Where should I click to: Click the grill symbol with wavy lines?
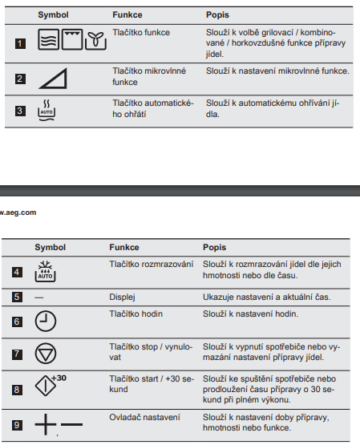pyautogui.click(x=49, y=39)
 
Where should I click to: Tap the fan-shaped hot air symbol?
pyautogui.click(x=95, y=40)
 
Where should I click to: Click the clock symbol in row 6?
pyautogui.click(x=46, y=321)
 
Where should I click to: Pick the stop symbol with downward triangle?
pyautogui.click(x=46, y=354)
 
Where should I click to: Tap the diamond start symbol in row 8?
pyautogui.click(x=46, y=386)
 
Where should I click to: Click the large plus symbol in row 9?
pyautogui.click(x=46, y=425)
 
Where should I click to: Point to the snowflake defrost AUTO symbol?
pyautogui.click(x=45, y=271)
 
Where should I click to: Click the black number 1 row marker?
pyautogui.click(x=20, y=44)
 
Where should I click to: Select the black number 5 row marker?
pyautogui.click(x=17, y=297)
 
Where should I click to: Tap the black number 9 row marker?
pyautogui.click(x=17, y=425)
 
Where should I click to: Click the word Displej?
pyautogui.click(x=122, y=297)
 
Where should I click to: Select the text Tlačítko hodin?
pyautogui.click(x=136, y=314)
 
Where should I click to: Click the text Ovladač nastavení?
pyautogui.click(x=144, y=417)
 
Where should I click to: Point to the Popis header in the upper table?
pyautogui.click(x=217, y=14)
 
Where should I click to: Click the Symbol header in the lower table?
pyautogui.click(x=51, y=247)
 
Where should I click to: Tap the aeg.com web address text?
pyautogui.click(x=18, y=212)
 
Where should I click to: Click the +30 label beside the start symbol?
pyautogui.click(x=59, y=378)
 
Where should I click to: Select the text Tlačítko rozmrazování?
pyautogui.click(x=152, y=265)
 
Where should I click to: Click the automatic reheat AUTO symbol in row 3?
pyautogui.click(x=47, y=111)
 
